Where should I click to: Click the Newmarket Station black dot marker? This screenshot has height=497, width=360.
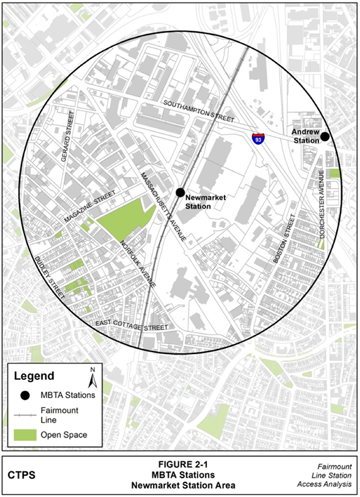180,192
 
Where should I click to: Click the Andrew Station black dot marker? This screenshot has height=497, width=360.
325,137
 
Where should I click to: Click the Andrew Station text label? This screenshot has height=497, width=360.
305,136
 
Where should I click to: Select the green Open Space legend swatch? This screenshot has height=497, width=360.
23,435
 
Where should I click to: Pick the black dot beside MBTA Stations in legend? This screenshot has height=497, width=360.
24,395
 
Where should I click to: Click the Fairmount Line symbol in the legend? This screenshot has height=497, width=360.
23,414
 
